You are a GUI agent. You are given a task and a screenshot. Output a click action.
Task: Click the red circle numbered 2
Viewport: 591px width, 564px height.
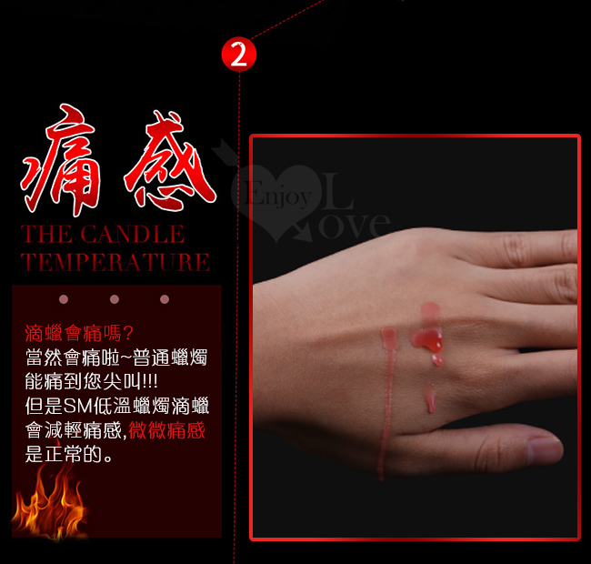pyautogui.click(x=238, y=55)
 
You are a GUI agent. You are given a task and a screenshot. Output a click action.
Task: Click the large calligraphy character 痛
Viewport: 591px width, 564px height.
pyautogui.click(x=60, y=160)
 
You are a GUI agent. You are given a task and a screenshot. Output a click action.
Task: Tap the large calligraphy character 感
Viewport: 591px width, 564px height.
pyautogui.click(x=170, y=160)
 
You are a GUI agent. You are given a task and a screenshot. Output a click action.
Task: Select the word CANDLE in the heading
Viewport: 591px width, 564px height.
pyautogui.click(x=133, y=234)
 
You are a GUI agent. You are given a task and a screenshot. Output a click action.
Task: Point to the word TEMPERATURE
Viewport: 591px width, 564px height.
pyautogui.click(x=115, y=262)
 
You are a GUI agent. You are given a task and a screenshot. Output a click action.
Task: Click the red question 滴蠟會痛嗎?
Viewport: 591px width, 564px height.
pyautogui.click(x=79, y=333)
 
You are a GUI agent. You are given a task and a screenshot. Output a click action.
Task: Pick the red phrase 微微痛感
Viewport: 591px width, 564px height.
pyautogui.click(x=167, y=430)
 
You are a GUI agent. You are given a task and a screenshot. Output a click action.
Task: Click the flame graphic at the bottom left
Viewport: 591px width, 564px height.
pyautogui.click(x=49, y=501)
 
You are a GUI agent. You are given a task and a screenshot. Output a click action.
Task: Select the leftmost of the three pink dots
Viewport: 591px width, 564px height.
pyautogui.click(x=64, y=299)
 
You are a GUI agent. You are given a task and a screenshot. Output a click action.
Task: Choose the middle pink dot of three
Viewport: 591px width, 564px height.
pyautogui.click(x=115, y=299)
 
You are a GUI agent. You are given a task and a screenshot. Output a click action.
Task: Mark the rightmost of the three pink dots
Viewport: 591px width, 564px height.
pyautogui.click(x=165, y=299)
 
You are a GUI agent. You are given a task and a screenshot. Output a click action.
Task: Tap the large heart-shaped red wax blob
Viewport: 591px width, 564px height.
pyautogui.click(x=428, y=338)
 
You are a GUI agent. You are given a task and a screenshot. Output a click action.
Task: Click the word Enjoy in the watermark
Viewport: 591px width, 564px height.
pyautogui.click(x=279, y=195)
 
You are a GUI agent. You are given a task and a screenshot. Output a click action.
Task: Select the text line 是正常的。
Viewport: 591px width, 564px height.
pyautogui.click(x=68, y=454)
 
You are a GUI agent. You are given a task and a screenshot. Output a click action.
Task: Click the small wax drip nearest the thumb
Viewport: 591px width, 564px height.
pyautogui.click(x=430, y=401)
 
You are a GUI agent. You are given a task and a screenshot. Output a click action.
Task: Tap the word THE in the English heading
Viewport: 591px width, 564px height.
pyautogui.click(x=46, y=234)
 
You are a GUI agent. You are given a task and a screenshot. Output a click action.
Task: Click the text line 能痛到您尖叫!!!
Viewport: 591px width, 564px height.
pyautogui.click(x=92, y=381)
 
